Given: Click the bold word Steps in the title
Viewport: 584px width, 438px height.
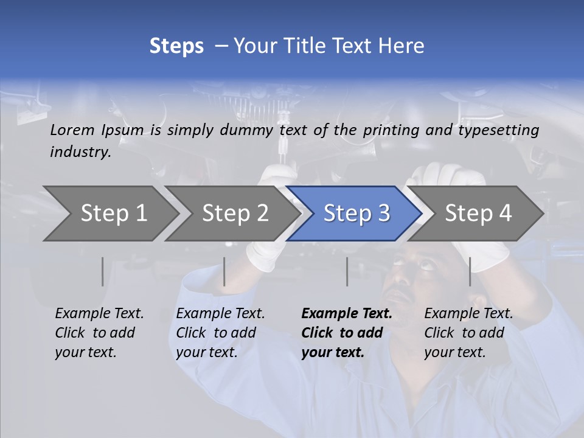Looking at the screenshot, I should (x=176, y=46).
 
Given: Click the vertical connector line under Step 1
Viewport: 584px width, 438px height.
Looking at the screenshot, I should (x=102, y=271).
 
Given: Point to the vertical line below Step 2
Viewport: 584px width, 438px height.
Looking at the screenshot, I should (x=224, y=271).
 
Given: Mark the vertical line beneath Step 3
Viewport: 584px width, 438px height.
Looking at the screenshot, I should (x=347, y=271).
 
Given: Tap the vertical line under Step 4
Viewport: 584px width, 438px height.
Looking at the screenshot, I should (x=470, y=271).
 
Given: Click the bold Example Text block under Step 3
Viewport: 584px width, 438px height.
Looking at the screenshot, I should (x=347, y=333).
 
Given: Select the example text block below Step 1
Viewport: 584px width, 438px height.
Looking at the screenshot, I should (x=99, y=333).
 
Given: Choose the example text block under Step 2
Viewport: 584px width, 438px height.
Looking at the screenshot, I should (x=220, y=333).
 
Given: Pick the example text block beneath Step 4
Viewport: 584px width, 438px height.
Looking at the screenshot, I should (x=468, y=333).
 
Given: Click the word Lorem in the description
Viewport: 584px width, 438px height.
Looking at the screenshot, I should (x=72, y=130).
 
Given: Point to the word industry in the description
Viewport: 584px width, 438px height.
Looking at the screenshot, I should (x=80, y=151).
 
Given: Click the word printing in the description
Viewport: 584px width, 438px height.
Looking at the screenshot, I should (x=389, y=130).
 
